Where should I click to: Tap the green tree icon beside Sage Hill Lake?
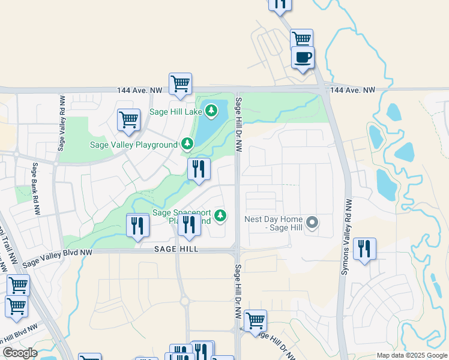pyautogui.click(x=211, y=110)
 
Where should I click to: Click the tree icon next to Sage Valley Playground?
pyautogui.click(x=188, y=144)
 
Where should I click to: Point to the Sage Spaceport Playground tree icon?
pyautogui.click(x=221, y=215)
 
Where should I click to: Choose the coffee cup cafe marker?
pyautogui.click(x=303, y=58)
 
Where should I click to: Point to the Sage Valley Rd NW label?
pyautogui.click(x=61, y=122)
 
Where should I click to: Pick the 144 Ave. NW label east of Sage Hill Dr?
pyautogui.click(x=352, y=90)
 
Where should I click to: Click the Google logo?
pyautogui.click(x=20, y=353)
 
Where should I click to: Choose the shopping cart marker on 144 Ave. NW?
pyautogui.click(x=180, y=83)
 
